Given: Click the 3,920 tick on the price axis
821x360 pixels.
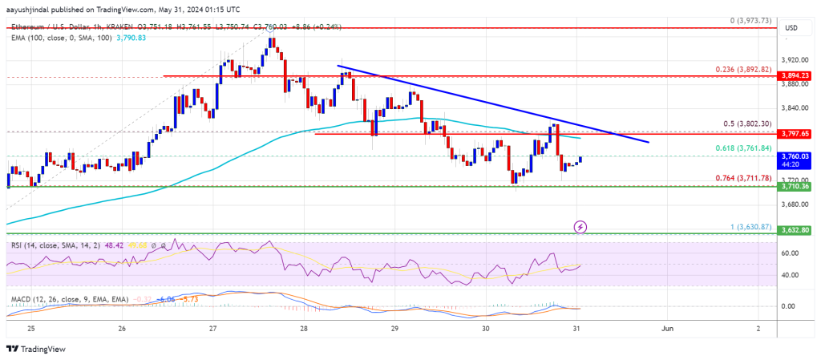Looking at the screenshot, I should coord(795,59).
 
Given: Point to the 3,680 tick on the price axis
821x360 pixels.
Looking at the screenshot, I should coord(795,204).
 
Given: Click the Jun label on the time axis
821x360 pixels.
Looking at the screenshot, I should coord(666,329).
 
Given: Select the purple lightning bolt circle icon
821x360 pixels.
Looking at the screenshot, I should coord(580,227).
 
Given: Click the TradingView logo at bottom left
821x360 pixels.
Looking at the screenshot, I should coord(36,349).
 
